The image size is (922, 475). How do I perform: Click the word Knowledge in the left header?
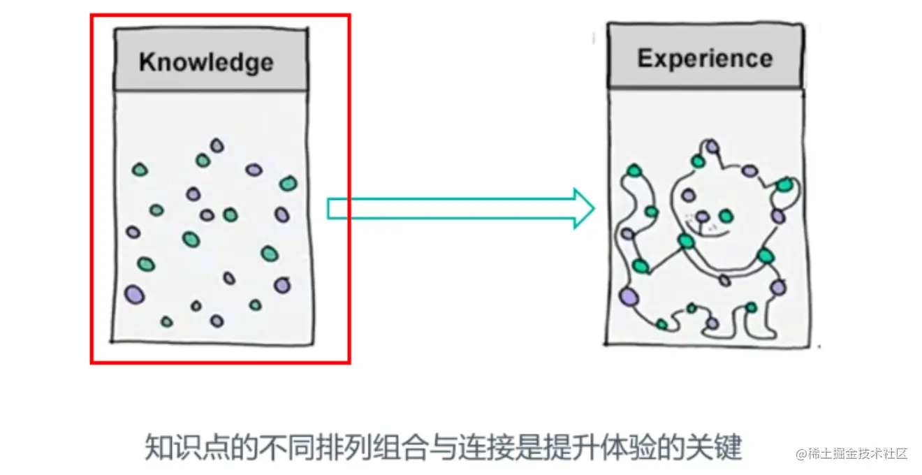[x=206, y=61]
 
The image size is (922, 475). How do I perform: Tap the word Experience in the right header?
[x=704, y=58]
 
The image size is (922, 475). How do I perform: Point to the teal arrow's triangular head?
[x=583, y=208]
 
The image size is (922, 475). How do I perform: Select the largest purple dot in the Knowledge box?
[x=135, y=294]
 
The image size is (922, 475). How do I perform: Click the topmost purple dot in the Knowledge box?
[x=217, y=145]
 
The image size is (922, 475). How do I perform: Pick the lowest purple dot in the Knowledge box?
[x=217, y=321]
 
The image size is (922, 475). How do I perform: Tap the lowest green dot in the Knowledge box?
[x=166, y=321]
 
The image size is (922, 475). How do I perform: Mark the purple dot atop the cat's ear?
[x=711, y=147]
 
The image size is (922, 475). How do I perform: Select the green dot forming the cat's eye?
[x=726, y=215]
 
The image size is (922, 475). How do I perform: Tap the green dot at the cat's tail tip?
[x=634, y=170]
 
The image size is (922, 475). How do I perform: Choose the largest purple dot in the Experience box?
[x=629, y=296]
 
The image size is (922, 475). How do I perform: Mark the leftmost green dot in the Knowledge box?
[x=140, y=169]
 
